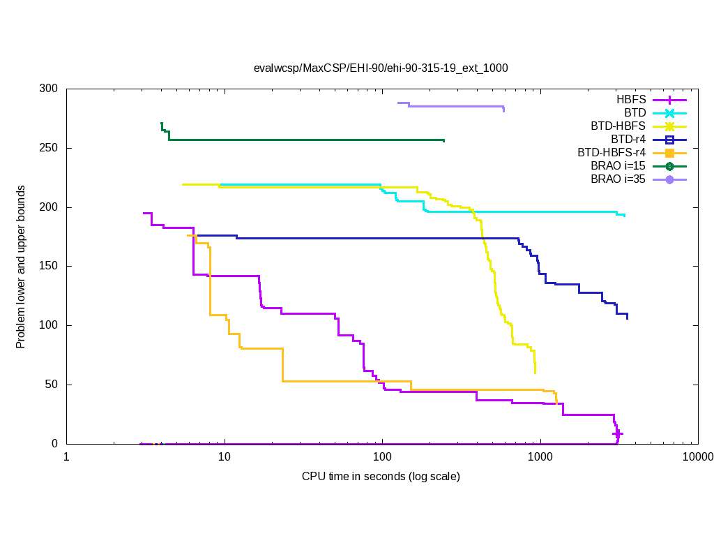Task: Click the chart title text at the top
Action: [381, 68]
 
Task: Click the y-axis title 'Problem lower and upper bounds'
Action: [22, 267]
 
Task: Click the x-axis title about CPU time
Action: [381, 477]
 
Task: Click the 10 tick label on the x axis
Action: [225, 458]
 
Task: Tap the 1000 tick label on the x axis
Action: [540, 458]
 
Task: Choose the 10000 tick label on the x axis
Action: [697, 458]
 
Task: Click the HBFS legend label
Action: [631, 99]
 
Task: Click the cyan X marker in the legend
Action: [669, 113]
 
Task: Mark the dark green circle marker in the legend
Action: [669, 166]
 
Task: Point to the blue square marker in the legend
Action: [669, 140]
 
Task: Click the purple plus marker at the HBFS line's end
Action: [617, 433]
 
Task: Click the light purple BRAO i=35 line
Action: [453, 107]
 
